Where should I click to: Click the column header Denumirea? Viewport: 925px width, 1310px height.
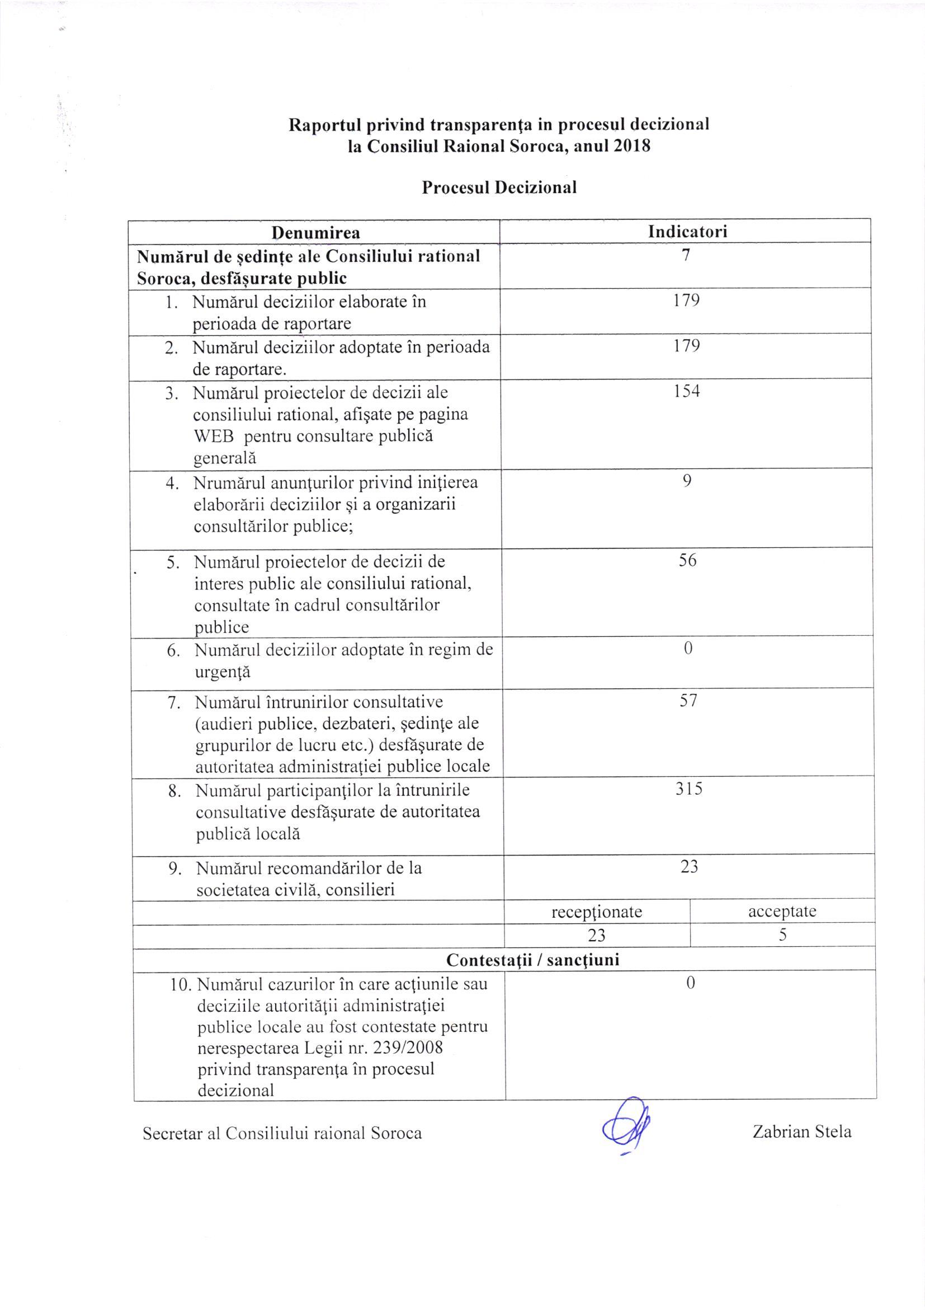[315, 233]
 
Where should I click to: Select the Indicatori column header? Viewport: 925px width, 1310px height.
[687, 232]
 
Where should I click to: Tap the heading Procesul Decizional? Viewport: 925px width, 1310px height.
[499, 187]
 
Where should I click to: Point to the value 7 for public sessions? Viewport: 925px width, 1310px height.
[686, 256]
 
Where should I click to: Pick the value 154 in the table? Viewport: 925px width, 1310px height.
[686, 391]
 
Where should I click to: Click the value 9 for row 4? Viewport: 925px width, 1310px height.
[687, 482]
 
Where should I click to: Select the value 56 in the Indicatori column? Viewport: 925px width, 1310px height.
[687, 561]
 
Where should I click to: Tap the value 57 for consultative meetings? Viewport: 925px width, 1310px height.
[688, 701]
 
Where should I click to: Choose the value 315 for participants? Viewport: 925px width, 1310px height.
[688, 790]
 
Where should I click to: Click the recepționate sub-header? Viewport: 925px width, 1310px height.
[597, 912]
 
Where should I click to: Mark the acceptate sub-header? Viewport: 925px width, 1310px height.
[782, 912]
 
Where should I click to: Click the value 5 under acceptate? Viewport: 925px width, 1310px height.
[783, 935]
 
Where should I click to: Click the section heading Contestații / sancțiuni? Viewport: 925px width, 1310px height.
[532, 960]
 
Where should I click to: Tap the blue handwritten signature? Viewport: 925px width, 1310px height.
[625, 1126]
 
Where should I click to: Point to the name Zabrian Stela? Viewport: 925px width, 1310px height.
[802, 1132]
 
